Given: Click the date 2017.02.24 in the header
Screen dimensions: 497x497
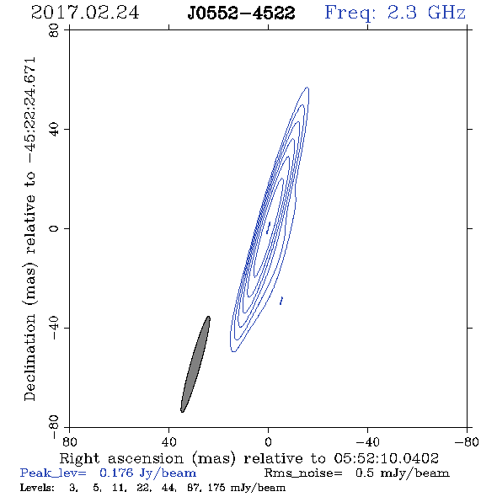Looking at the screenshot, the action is click(85, 13).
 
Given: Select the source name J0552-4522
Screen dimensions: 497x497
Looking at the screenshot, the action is click(241, 13).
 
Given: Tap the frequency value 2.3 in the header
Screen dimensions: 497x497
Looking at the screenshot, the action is click(402, 13).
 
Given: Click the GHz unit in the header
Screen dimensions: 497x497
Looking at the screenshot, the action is click(446, 13).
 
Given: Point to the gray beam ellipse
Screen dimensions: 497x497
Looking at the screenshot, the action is click(195, 364).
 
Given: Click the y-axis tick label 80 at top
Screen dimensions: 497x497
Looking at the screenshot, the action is click(54, 30).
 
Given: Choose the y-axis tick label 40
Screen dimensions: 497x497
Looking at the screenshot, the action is click(54, 130).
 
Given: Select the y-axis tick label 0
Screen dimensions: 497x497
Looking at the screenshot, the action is click(54, 228).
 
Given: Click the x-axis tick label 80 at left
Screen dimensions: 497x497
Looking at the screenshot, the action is click(69, 441).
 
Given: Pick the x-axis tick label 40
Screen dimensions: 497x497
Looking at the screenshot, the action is click(168, 441).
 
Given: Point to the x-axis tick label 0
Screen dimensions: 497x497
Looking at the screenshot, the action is click(268, 441).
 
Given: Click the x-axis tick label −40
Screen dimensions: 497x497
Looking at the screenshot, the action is click(367, 441).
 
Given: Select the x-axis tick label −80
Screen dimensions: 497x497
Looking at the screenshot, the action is click(467, 441).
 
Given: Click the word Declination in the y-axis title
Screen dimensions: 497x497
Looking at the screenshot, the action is click(29, 358).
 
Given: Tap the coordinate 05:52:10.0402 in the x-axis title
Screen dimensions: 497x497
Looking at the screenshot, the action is click(386, 458).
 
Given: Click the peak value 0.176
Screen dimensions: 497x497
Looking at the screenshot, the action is click(116, 473).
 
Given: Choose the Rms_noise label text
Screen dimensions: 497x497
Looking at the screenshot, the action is click(303, 473).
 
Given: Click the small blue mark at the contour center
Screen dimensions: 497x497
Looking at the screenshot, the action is click(269, 228).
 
